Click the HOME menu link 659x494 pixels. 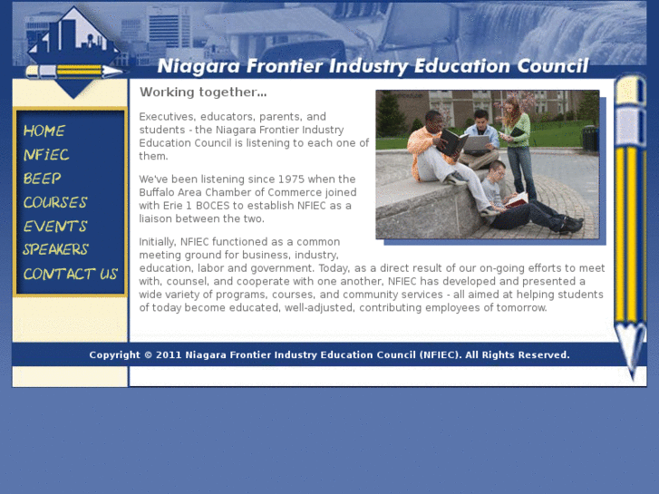point(44,131)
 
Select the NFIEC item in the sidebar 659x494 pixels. point(46,155)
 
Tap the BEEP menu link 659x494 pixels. point(43,179)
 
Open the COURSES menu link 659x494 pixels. point(55,202)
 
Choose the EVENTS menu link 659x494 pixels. point(55,226)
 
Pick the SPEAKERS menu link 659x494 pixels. point(55,249)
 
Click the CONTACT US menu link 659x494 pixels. point(71,274)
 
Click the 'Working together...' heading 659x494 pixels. point(203,92)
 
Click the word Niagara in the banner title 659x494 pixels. point(191,66)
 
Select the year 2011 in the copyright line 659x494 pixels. point(169,355)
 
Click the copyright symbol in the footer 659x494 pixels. point(148,355)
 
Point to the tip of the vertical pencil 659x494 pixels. point(629,372)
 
